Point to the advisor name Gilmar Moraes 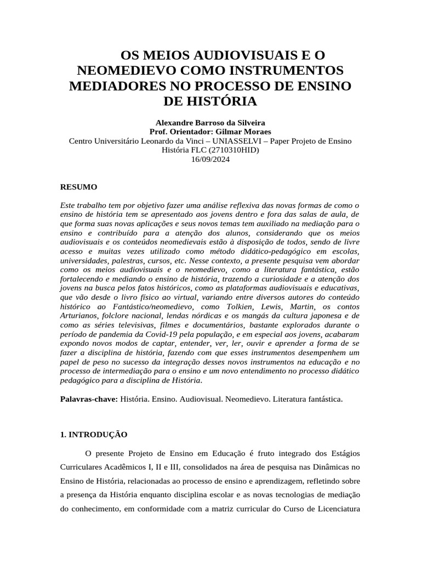(x=245, y=132)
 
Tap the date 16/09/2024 (x=210, y=159)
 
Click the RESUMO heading (x=78, y=187)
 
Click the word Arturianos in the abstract (x=79, y=316)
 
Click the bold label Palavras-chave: (x=88, y=399)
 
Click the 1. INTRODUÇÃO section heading (x=93, y=434)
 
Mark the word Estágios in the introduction (x=343, y=453)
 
